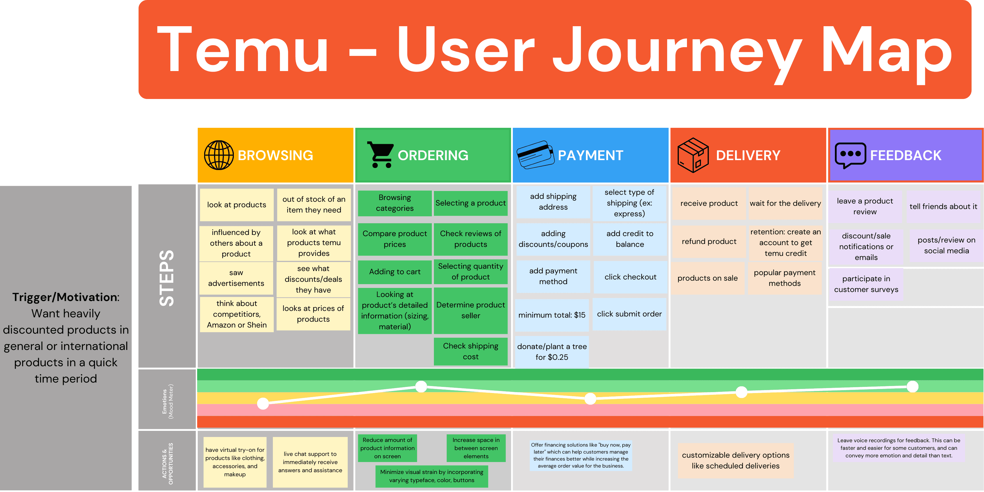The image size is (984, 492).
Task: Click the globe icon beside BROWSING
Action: click(x=219, y=155)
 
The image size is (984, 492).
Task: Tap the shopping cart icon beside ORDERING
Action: click(x=380, y=155)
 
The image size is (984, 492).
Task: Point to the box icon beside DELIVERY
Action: click(x=693, y=155)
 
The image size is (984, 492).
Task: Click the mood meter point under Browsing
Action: click(x=263, y=403)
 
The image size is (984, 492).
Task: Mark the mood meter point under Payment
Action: click(x=590, y=399)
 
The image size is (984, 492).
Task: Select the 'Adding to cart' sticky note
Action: click(x=395, y=272)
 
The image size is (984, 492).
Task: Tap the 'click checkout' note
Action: click(x=630, y=277)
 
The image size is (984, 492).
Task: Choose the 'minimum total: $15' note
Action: click(x=552, y=315)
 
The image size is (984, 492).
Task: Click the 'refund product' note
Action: click(x=709, y=241)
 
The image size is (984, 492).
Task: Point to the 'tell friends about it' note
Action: click(x=943, y=207)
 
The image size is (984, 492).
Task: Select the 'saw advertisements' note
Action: click(x=236, y=278)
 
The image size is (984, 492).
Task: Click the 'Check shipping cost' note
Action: click(x=471, y=351)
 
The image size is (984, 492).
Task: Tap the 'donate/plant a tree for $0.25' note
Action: click(x=552, y=352)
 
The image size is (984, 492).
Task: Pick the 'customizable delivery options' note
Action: click(x=735, y=460)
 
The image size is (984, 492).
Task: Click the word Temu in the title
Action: click(x=243, y=50)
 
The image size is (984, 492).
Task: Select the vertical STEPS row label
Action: click(x=167, y=278)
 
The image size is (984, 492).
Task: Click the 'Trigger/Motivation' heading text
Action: click(x=66, y=297)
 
